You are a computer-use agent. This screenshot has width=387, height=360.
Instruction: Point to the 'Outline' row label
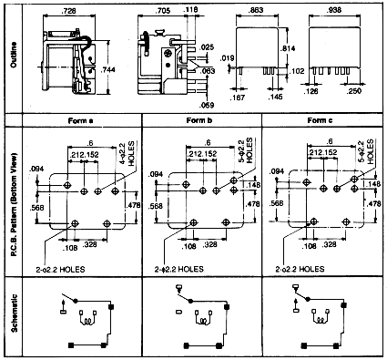click(12, 57)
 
